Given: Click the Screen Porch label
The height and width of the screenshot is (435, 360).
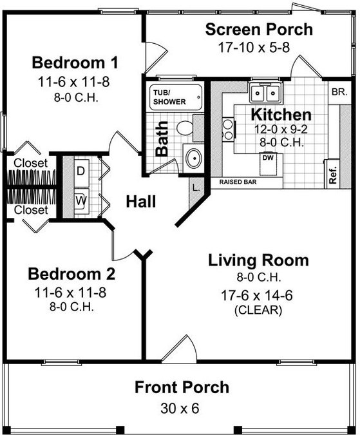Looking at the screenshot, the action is (259, 30).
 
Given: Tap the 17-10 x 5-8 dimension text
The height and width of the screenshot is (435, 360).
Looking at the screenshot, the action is (254, 47).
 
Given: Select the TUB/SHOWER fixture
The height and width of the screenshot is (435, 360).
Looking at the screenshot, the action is (175, 97).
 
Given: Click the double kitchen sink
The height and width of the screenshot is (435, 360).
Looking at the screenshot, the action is (265, 93).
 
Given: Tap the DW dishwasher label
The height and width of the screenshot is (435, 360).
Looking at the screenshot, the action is (268, 158).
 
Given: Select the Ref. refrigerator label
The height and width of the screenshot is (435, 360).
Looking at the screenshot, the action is (332, 175).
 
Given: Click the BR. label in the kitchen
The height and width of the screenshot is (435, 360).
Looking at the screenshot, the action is (339, 92).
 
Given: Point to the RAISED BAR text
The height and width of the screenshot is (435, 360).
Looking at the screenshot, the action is (238, 182).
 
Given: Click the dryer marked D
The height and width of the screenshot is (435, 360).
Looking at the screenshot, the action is (81, 172).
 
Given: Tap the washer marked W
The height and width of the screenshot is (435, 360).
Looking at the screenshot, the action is (81, 201).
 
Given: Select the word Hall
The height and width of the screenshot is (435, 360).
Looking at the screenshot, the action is (141, 202).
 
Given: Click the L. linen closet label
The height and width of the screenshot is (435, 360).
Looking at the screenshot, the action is (196, 188).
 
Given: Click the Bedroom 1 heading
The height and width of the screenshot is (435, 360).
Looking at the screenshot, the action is (75, 63).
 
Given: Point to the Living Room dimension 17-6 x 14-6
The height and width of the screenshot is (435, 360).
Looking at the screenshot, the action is (256, 295).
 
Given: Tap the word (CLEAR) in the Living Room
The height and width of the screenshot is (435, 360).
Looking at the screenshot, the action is (258, 310).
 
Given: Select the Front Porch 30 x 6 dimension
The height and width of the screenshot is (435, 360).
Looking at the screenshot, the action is (180, 409).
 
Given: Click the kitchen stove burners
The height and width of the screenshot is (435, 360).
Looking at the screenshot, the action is (229, 129).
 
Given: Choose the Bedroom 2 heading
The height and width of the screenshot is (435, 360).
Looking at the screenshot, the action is (71, 274).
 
